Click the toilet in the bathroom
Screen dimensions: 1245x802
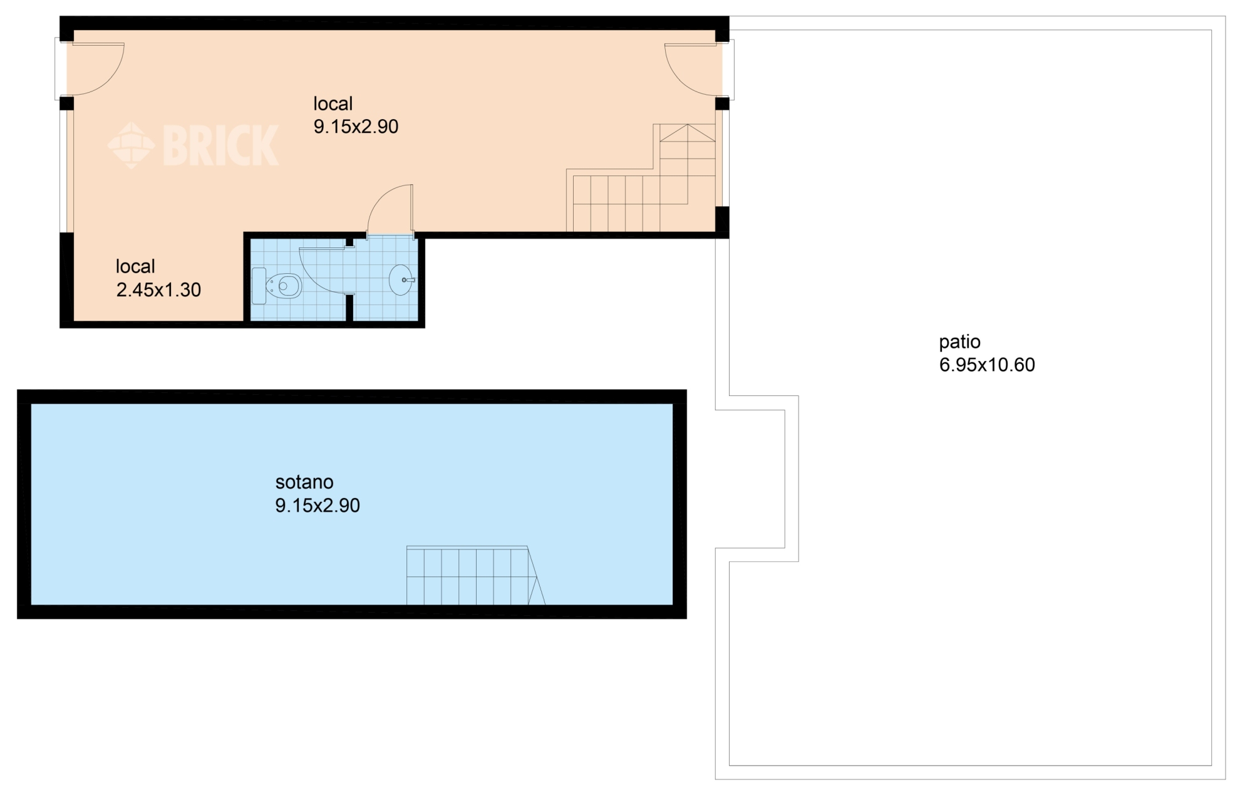coord(277,286)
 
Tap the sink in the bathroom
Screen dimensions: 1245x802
coord(401,279)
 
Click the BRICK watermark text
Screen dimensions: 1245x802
coord(220,145)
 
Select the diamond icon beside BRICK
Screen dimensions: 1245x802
coord(131,145)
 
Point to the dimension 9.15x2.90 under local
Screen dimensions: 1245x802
coord(356,127)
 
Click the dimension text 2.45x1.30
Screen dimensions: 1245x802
coord(158,290)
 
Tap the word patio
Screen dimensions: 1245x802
coord(959,342)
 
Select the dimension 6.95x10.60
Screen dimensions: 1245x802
coord(987,365)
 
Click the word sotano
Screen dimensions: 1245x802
coord(304,482)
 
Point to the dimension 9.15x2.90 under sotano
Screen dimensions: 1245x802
coord(318,506)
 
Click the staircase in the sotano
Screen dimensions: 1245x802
coord(475,576)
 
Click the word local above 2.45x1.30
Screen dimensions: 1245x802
coord(135,267)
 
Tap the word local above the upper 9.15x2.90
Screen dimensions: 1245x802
coord(333,104)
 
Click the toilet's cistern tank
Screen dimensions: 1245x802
coord(259,286)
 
